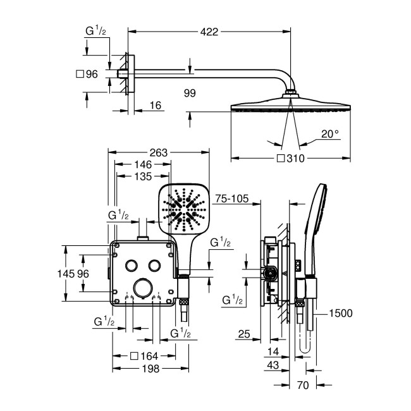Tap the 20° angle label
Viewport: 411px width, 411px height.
(329, 133)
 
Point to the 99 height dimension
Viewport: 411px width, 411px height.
(190, 93)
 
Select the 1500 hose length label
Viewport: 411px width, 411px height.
(340, 313)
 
